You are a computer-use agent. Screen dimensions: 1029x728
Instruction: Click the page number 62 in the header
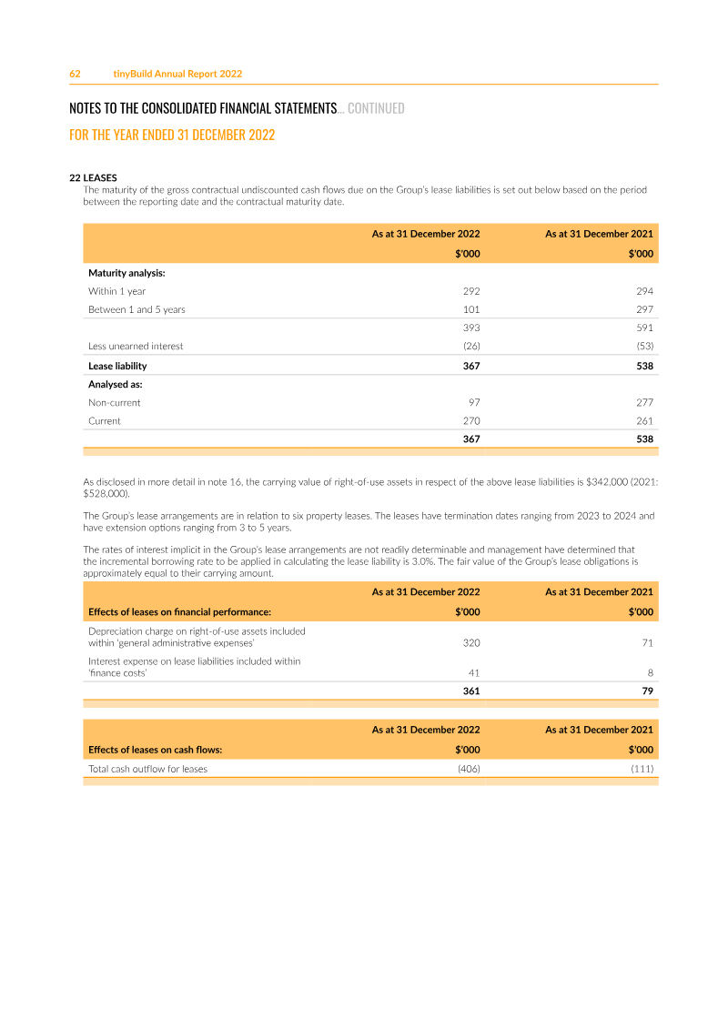[75, 74]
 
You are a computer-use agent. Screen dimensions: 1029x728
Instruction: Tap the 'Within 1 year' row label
[116, 291]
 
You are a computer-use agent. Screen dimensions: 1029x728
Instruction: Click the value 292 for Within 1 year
[470, 291]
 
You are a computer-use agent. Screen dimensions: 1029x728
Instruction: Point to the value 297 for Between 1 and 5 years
[644, 309]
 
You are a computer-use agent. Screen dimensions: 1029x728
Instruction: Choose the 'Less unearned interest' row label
[136, 346]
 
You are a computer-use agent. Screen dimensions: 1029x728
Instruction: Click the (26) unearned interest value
[470, 346]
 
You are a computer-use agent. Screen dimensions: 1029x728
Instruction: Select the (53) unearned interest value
[644, 346]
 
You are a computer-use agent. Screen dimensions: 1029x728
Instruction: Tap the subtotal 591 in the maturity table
[644, 328]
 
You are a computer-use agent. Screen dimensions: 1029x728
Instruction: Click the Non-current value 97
[473, 402]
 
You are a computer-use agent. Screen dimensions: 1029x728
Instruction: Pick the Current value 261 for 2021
[644, 420]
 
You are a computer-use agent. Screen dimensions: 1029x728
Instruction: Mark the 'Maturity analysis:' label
[126, 273]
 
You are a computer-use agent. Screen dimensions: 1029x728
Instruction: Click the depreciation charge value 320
[470, 642]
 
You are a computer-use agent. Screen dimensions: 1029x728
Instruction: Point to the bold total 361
[470, 691]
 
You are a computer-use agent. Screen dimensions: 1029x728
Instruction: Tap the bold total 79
[647, 691]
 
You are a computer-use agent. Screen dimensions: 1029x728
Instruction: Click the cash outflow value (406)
[468, 769]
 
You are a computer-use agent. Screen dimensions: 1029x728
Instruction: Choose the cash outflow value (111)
[642, 769]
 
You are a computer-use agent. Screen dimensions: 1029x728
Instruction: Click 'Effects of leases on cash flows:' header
[155, 751]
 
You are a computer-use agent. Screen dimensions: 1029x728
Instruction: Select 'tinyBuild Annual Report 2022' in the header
[177, 74]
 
